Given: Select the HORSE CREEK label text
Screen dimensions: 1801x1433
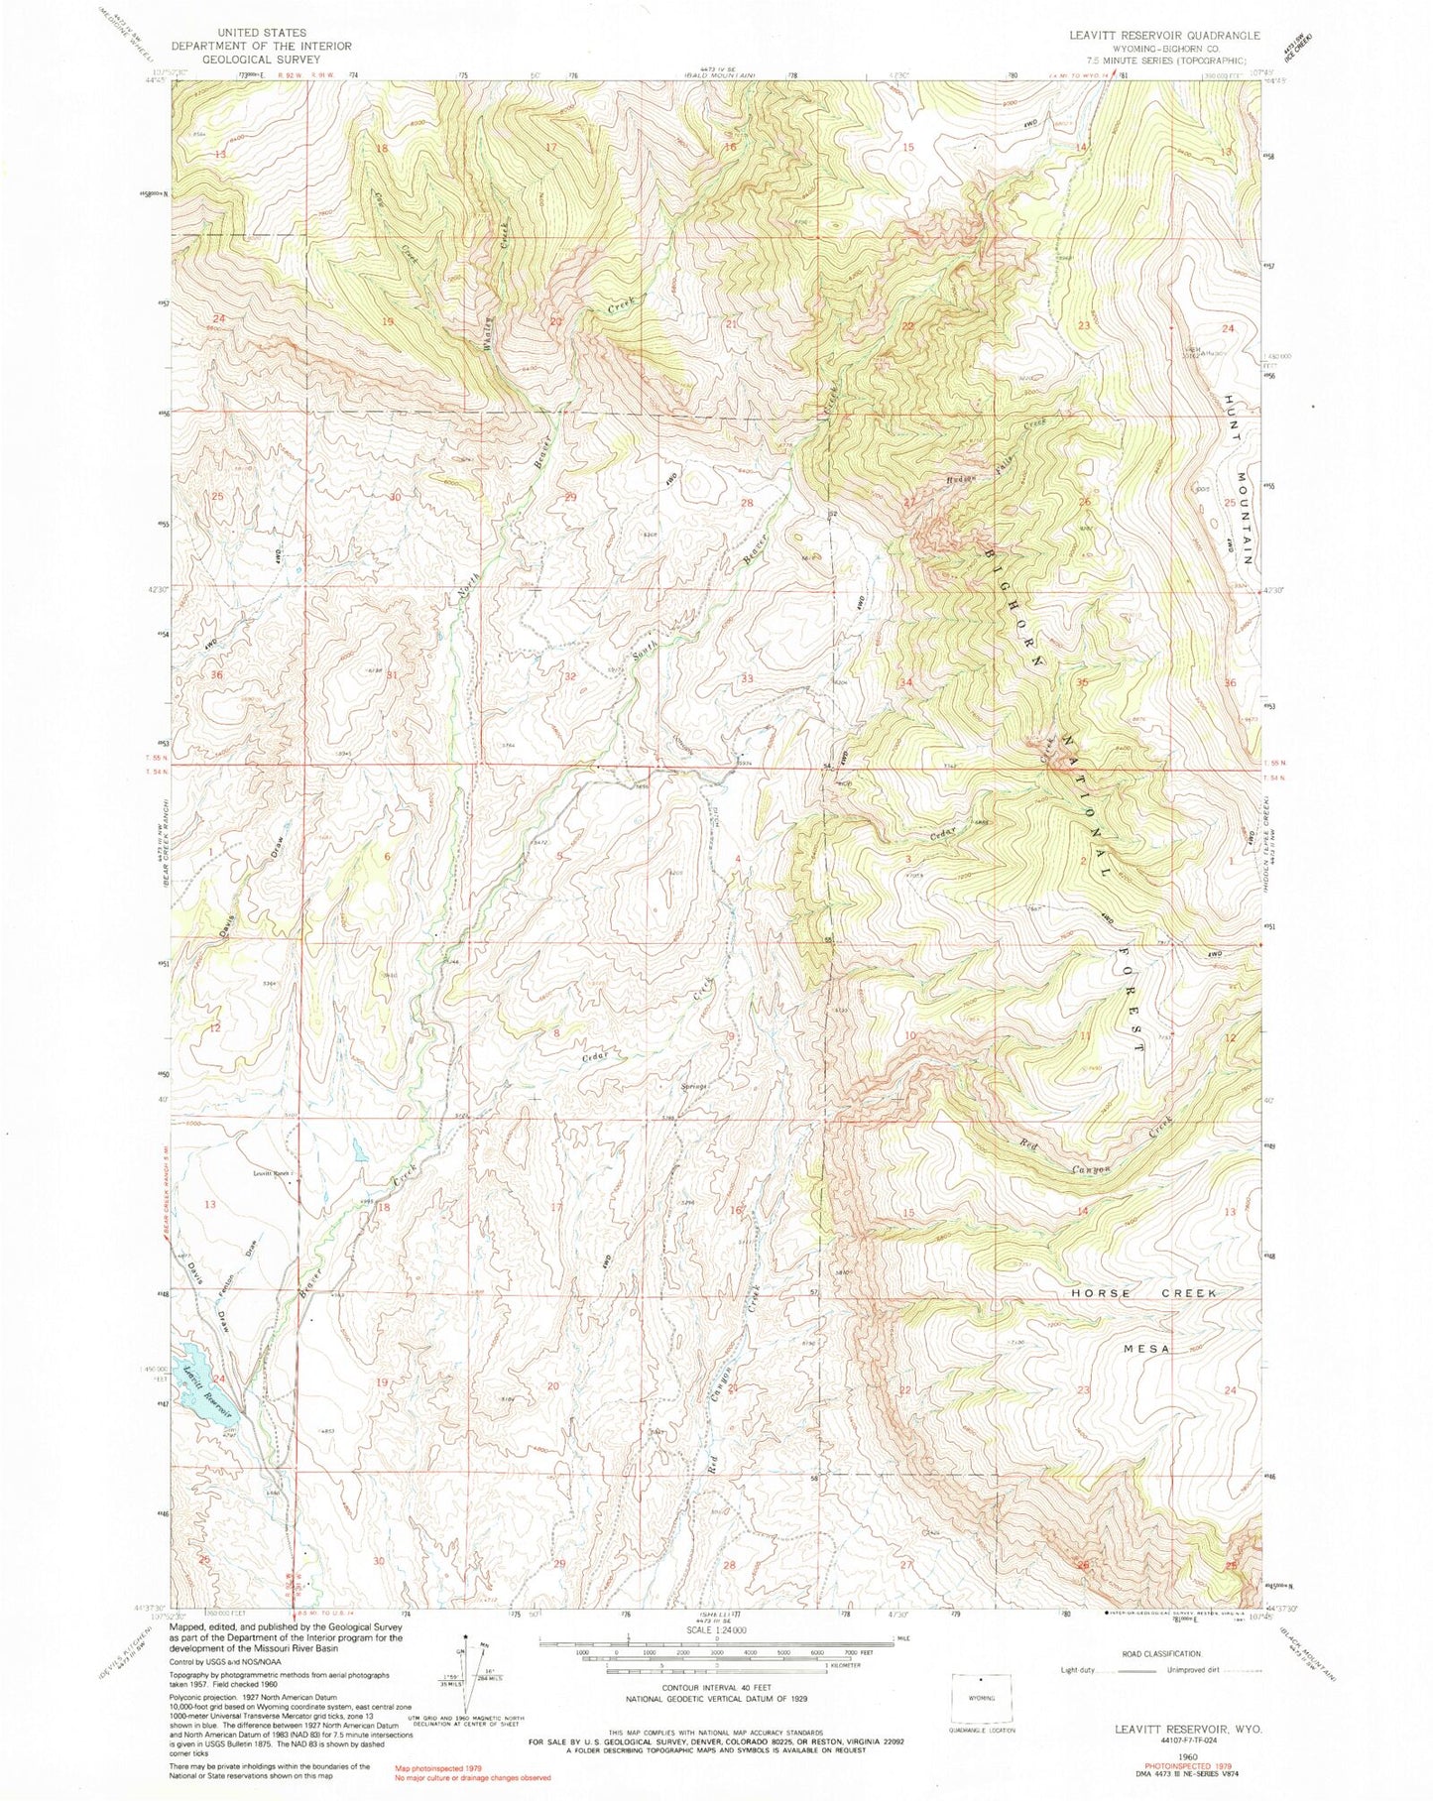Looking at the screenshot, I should [1143, 1294].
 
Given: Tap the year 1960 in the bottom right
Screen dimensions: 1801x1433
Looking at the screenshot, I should [1175, 1753].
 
